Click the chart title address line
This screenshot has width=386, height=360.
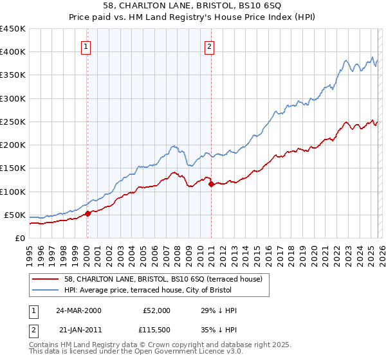tap(193, 6)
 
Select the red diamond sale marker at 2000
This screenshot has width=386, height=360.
tap(88, 214)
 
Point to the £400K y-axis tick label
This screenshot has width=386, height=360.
tap(13, 52)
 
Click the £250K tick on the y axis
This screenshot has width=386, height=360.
tap(13, 122)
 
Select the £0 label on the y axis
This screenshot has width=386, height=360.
tap(19, 238)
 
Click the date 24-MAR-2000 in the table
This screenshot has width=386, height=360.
tap(78, 310)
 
